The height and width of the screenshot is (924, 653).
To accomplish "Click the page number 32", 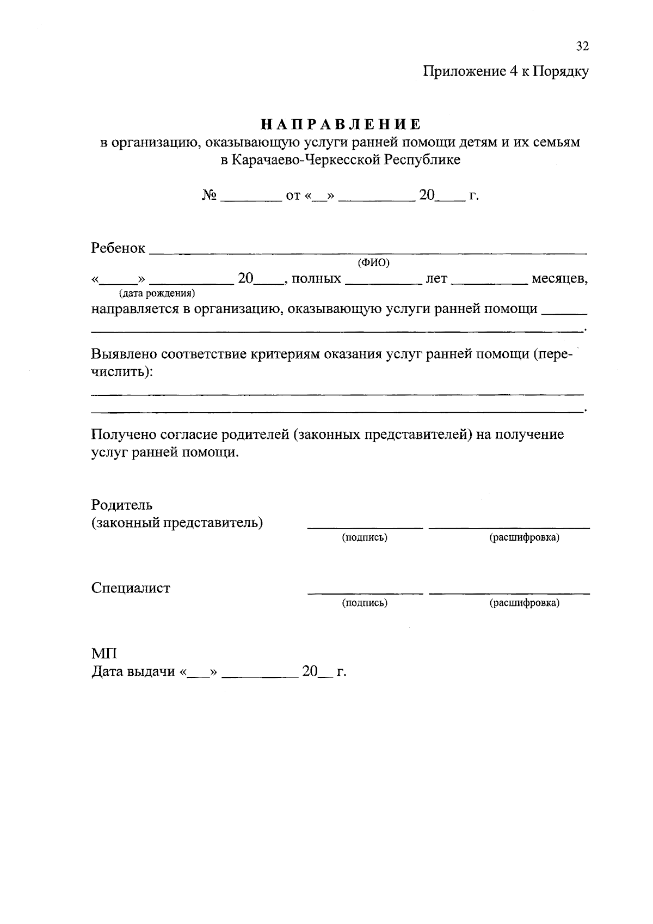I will (x=582, y=46).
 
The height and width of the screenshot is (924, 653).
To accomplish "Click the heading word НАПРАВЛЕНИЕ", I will (x=341, y=125).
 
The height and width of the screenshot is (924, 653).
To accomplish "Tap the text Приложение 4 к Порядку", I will (x=506, y=71).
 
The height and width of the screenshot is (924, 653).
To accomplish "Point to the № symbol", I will (x=210, y=195).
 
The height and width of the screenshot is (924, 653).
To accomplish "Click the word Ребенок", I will (x=118, y=248).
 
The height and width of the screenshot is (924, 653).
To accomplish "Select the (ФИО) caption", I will (x=373, y=263).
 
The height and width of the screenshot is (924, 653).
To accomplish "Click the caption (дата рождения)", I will (x=157, y=293).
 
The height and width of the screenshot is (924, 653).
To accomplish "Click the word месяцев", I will (x=559, y=279).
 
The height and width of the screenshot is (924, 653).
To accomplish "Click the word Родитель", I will (x=122, y=505).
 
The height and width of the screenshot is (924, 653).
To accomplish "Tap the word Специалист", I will (x=131, y=588).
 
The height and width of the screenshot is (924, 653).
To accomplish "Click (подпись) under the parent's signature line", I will (x=365, y=538).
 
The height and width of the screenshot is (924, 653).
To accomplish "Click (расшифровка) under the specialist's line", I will (x=524, y=603).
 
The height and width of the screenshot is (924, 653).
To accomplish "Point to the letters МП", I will (x=103, y=653).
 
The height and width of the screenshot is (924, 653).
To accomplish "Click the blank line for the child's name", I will (x=367, y=250).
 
